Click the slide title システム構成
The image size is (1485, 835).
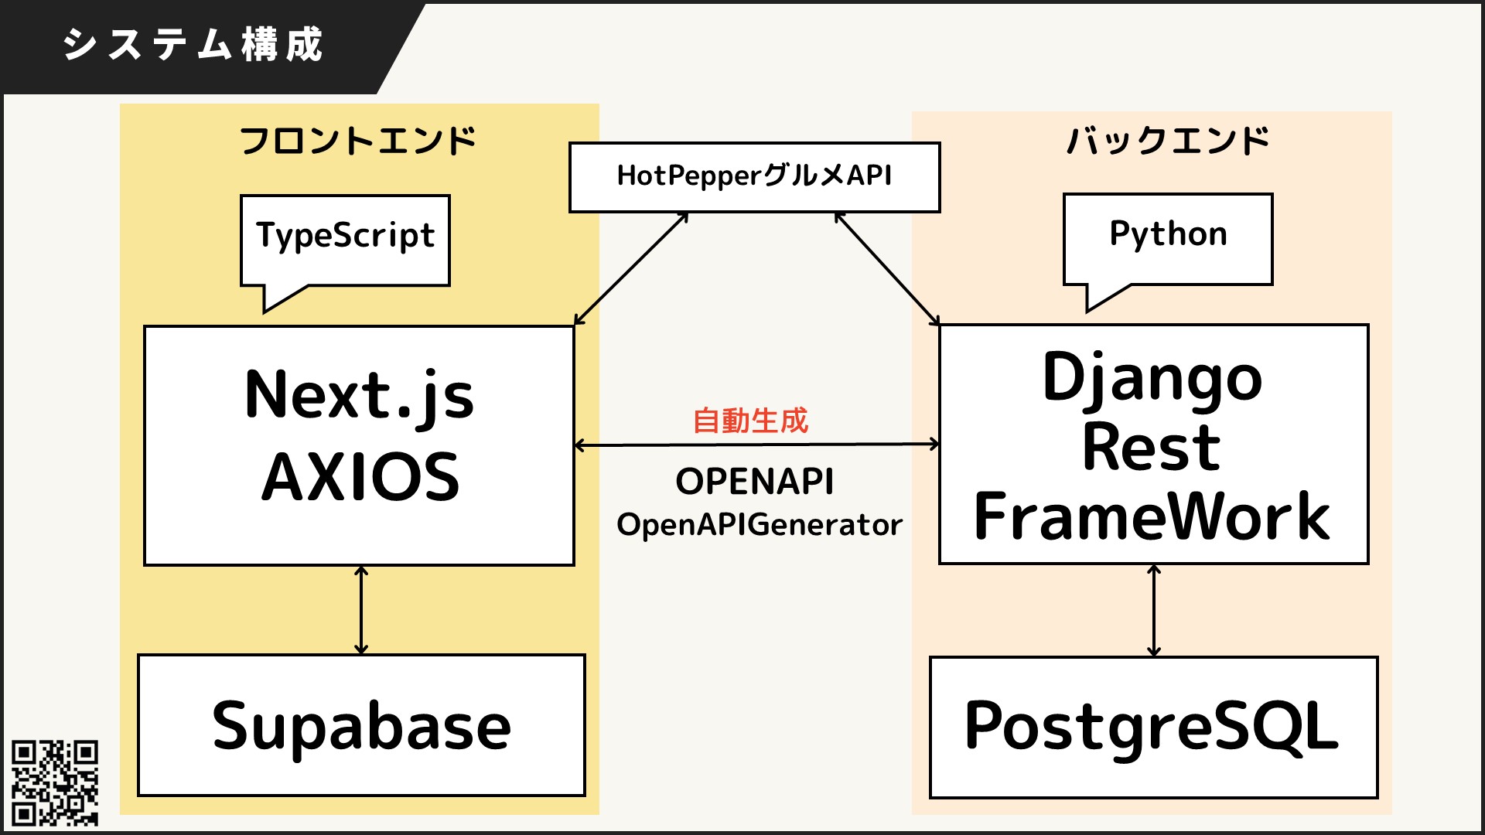192,45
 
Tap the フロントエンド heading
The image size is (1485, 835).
358,141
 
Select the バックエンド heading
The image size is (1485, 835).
1168,141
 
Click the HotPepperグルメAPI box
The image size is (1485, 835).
754,176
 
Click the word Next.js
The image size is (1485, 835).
359,396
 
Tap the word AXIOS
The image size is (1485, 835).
360,478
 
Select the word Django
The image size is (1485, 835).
1152,379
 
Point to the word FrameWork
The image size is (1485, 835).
1152,516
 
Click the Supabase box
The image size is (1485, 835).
361,725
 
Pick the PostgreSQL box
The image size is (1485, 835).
1152,727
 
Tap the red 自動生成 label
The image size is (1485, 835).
750,421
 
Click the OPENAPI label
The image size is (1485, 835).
755,482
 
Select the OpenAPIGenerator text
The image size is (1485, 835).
760,525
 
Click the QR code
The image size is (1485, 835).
54,782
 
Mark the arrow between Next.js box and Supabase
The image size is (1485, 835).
361,611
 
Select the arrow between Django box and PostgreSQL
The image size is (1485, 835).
1154,611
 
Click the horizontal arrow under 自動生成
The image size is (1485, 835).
756,445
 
